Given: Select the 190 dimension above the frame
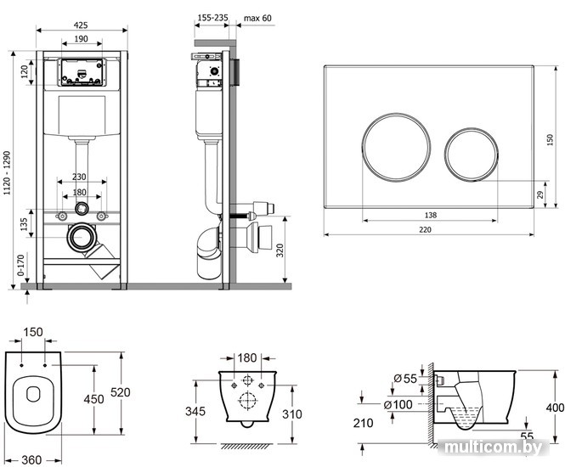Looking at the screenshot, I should tap(81, 38).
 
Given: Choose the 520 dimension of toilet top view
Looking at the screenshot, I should tap(125, 391).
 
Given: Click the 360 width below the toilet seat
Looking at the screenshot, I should tap(31, 460).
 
